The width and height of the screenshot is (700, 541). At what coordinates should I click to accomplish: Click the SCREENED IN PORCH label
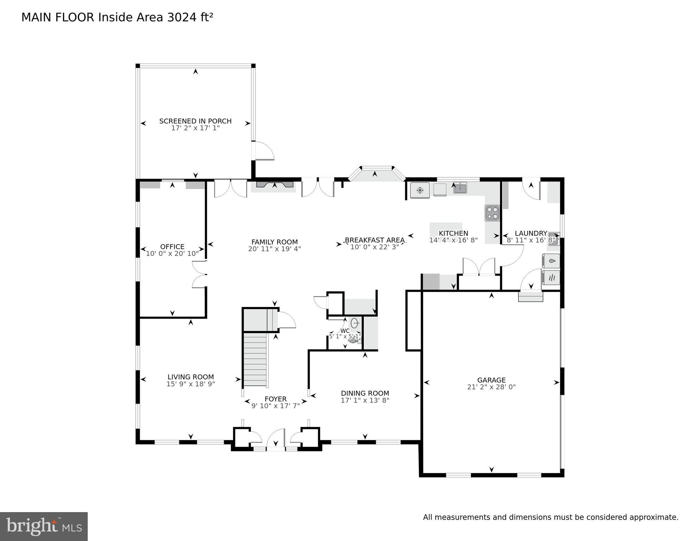pos(195,121)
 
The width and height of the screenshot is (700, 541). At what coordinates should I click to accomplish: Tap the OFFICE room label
pos(172,247)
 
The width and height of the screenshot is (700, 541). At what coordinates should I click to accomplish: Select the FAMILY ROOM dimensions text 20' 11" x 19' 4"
pos(274,249)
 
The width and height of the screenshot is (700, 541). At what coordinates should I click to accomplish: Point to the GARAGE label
pos(491,380)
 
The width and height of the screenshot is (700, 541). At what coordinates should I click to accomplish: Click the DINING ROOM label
pos(365,393)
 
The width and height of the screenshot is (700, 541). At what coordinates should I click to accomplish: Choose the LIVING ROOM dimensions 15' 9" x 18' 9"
pos(191,384)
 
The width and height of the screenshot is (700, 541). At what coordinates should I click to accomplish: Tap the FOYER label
pos(275,399)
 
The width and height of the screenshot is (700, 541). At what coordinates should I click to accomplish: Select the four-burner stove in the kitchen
pos(492,213)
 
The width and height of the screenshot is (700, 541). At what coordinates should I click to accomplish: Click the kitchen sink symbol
pos(460,188)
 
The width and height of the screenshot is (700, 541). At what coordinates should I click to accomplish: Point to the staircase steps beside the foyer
pos(255,359)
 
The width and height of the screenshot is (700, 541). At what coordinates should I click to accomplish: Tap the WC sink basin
pos(355,322)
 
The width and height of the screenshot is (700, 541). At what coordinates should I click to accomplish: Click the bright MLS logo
pos(44,526)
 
